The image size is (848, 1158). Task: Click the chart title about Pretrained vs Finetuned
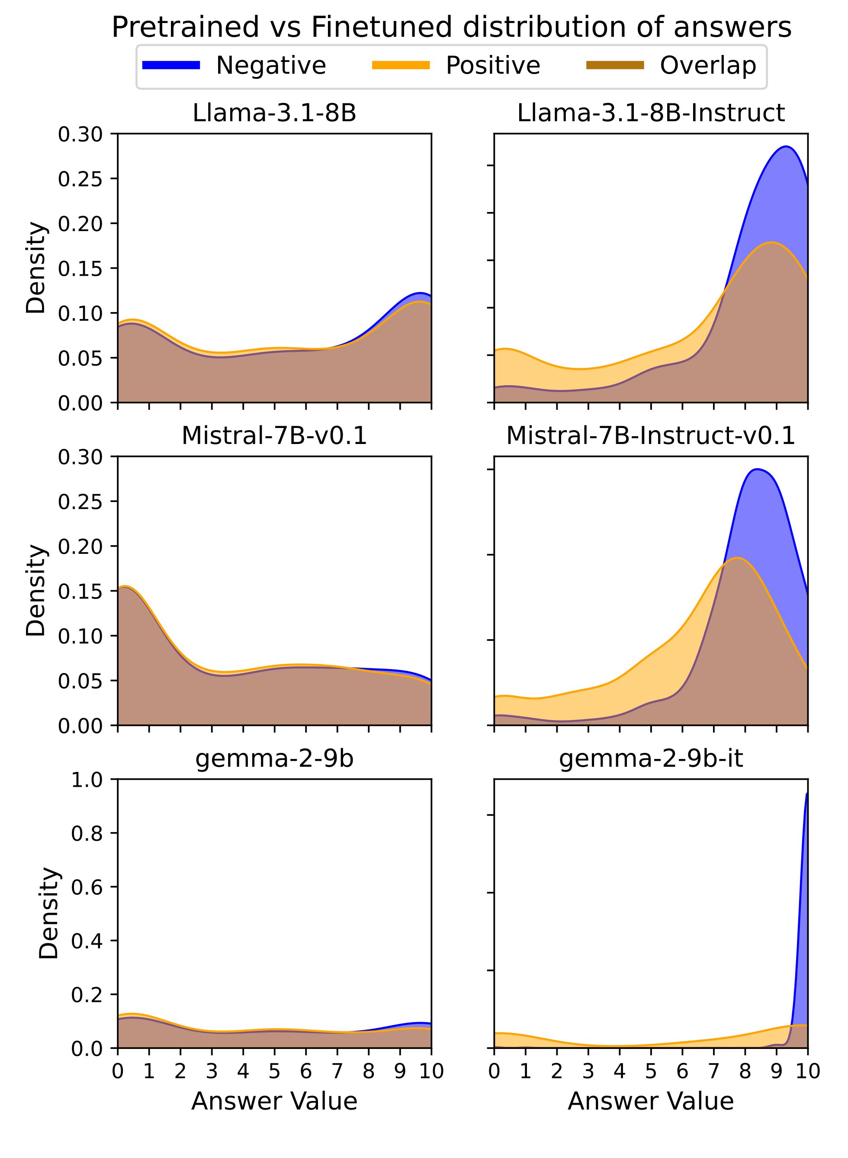tap(451, 27)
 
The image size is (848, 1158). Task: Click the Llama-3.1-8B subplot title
tap(274, 113)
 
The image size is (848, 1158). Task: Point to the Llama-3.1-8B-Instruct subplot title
tap(650, 113)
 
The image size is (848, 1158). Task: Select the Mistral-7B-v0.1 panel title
tap(274, 436)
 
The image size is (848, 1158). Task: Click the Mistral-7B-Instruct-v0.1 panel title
tap(650, 436)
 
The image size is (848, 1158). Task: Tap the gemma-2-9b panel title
tap(274, 759)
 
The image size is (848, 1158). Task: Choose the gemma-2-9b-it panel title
tap(650, 759)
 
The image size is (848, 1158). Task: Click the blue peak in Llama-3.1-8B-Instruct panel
tap(785, 147)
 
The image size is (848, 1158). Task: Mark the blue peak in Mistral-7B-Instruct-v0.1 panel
tap(757, 469)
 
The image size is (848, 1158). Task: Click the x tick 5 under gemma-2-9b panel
tap(274, 1072)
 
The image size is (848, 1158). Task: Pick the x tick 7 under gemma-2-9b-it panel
tap(713, 1072)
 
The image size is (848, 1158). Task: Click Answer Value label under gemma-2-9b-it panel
tap(650, 1102)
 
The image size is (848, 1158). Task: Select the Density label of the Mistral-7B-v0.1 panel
tap(36, 590)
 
